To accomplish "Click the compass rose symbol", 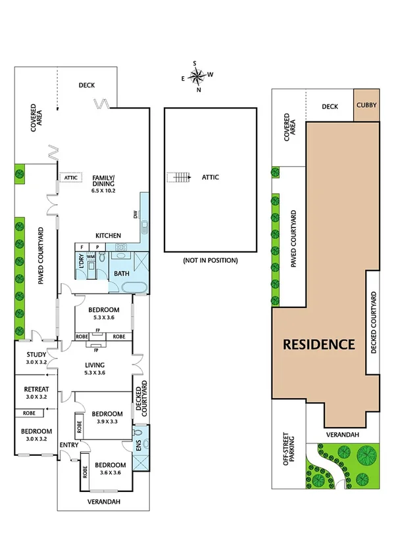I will click(x=197, y=76).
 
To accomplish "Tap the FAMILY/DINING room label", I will click(x=103, y=182).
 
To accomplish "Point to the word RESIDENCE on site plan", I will click(x=319, y=344).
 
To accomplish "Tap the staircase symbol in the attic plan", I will click(x=177, y=177).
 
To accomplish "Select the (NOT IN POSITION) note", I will click(x=210, y=261).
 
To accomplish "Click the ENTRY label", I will click(x=68, y=445).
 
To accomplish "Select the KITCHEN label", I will click(x=108, y=235).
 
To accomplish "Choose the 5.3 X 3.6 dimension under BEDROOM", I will click(x=104, y=318).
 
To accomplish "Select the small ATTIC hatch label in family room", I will click(x=70, y=177).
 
